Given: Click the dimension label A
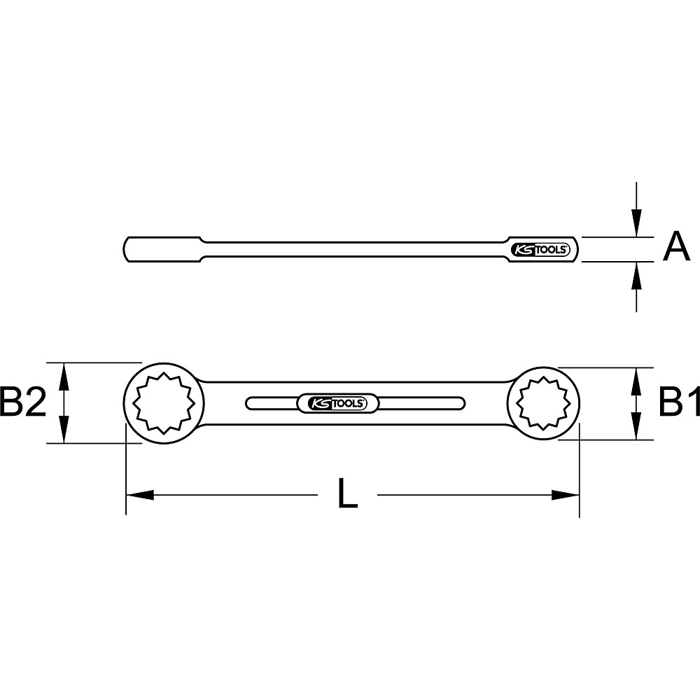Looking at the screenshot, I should [x=675, y=248].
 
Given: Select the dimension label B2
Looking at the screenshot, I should [x=23, y=403].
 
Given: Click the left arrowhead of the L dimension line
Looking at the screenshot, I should [x=139, y=495].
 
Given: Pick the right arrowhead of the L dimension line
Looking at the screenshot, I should [x=566, y=495].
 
